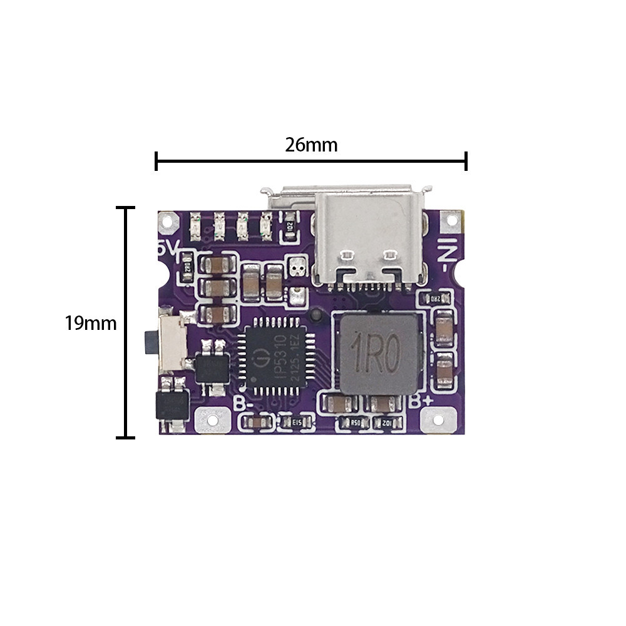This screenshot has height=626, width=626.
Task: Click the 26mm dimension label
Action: click(311, 145)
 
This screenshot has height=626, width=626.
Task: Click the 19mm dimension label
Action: click(91, 324)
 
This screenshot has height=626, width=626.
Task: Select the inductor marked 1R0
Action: click(377, 354)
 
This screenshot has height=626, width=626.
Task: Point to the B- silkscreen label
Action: click(244, 403)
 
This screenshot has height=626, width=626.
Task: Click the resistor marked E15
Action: click(298, 423)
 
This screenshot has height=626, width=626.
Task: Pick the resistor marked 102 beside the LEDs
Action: click(289, 225)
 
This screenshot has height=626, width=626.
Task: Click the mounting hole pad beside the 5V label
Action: click(167, 220)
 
